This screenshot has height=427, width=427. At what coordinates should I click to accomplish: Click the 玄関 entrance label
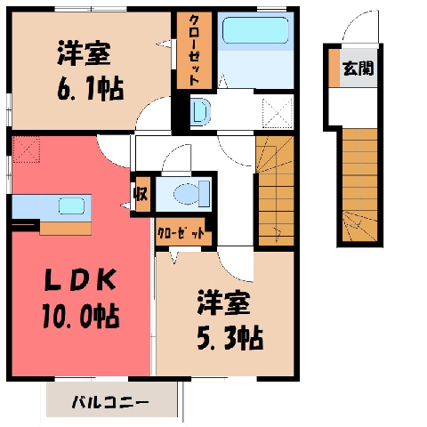[x=358, y=68]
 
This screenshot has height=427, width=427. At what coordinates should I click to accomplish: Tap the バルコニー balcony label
[x=110, y=402]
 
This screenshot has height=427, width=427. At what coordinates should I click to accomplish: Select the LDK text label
[x=80, y=280]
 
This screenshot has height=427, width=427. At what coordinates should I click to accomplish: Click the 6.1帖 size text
[x=90, y=88]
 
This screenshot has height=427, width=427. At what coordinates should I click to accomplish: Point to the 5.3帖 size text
[x=230, y=338]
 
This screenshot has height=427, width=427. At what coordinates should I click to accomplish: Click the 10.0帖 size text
[x=81, y=317]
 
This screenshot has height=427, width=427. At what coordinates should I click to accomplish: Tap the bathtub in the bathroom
[x=255, y=30]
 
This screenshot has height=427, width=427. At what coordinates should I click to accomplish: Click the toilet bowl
[x=187, y=194]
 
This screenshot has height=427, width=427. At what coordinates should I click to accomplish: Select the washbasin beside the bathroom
[x=200, y=112]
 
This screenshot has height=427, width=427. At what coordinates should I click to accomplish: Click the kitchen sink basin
[x=71, y=205]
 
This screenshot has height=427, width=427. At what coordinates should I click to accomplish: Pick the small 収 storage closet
[x=141, y=195]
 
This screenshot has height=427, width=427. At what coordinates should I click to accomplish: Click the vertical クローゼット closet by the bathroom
[x=194, y=50]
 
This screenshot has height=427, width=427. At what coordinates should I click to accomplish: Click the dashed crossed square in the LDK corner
[x=26, y=149]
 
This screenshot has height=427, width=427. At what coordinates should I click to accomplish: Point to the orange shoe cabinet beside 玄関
[x=334, y=68]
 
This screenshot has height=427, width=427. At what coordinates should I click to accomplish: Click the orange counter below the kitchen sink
[x=66, y=229]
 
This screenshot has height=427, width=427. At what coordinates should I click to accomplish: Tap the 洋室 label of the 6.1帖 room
[x=84, y=53]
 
